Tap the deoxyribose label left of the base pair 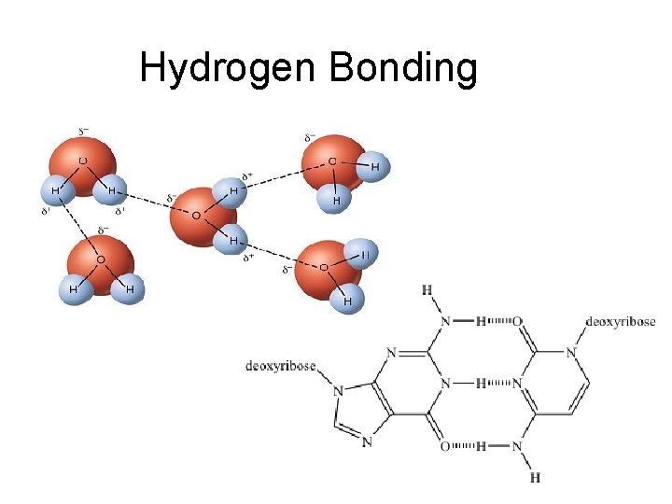click(280, 365)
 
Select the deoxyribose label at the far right click(621, 322)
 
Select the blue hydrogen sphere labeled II click(365, 254)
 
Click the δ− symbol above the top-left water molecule click(82, 132)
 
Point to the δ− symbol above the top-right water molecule click(309, 137)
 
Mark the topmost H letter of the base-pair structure click(427, 290)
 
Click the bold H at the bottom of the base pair click(535, 478)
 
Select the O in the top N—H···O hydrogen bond click(518, 322)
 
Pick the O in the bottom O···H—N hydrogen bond click(445, 446)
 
